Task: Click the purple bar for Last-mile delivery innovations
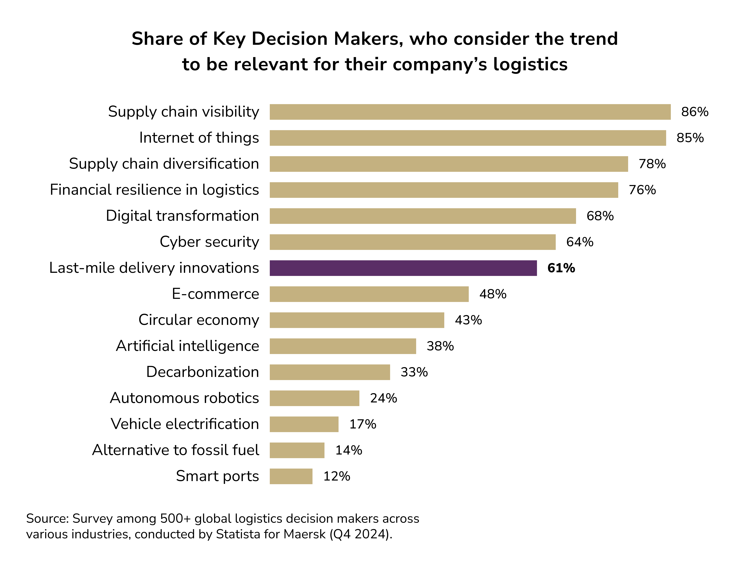[403, 268]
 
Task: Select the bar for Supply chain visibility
[470, 112]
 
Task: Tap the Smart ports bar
[291, 476]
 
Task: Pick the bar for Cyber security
[413, 242]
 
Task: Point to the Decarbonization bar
[330, 372]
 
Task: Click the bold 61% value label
[561, 268]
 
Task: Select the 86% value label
[695, 112]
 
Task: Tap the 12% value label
[337, 476]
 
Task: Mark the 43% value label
[468, 320]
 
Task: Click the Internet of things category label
[199, 138]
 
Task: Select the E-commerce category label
[215, 294]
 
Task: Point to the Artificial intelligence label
[187, 346]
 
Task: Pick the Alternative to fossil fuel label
[176, 450]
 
